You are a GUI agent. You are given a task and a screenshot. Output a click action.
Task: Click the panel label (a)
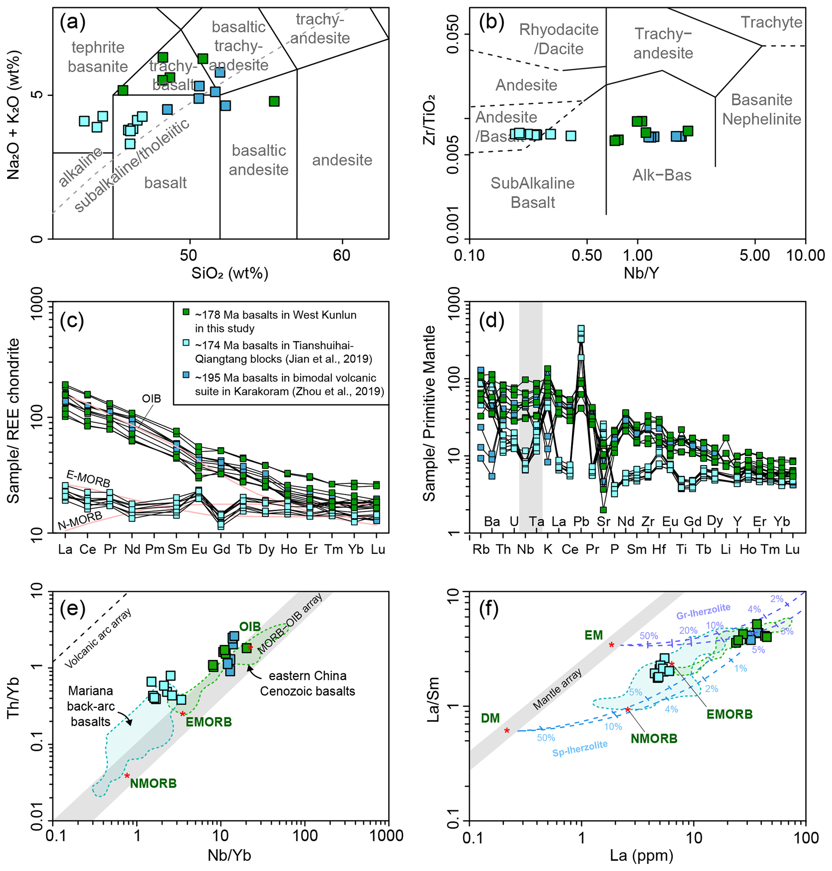tap(72, 22)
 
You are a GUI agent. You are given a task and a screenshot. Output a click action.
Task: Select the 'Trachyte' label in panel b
tap(771, 22)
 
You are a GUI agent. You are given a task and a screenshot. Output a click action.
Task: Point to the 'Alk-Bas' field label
tap(662, 175)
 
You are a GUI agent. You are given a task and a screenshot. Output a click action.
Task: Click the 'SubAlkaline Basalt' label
tap(532, 192)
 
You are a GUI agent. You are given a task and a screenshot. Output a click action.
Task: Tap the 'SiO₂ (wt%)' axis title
tap(230, 273)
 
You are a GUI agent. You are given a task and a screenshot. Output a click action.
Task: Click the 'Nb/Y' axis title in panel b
tap(641, 273)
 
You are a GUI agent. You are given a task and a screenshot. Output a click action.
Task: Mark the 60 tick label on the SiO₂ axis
tap(341, 255)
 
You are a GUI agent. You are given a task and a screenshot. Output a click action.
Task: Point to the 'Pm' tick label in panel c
tap(155, 549)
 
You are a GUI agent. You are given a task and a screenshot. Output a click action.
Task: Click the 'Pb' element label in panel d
tap(581, 521)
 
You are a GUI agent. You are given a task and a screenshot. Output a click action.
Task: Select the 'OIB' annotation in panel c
tap(151, 398)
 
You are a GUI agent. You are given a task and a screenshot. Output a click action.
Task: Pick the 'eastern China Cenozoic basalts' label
tap(308, 683)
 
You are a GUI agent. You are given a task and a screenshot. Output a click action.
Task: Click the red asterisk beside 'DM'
tap(507, 731)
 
